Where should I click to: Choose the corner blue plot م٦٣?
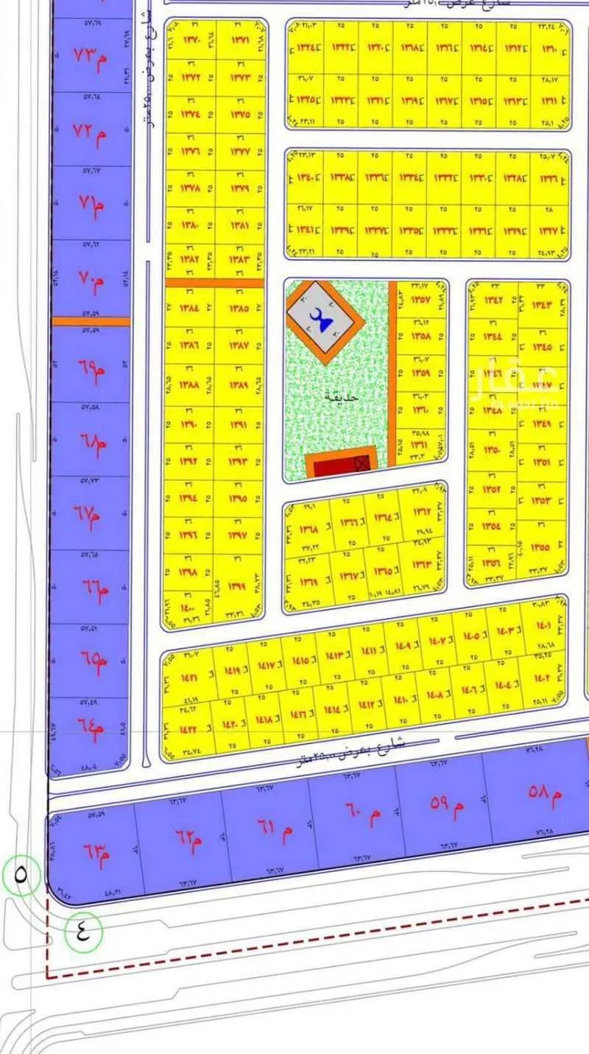click(x=90, y=854)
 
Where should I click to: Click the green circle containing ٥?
click(x=20, y=875)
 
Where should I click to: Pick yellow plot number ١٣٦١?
click(x=420, y=445)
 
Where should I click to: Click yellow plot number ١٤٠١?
click(x=544, y=627)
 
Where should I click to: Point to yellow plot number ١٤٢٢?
click(x=187, y=729)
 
